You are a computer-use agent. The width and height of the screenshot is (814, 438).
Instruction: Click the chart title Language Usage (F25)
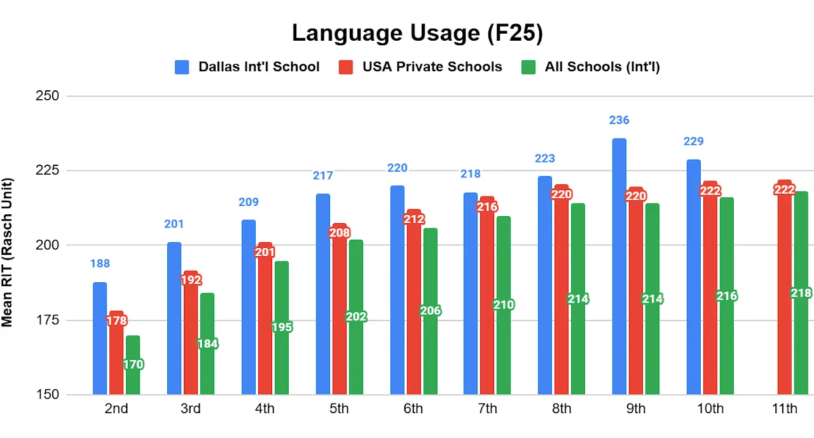pyautogui.click(x=417, y=34)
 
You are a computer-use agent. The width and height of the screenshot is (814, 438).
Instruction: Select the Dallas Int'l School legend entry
pyautogui.click(x=247, y=67)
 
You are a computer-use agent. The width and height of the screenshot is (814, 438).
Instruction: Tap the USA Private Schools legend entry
pyautogui.click(x=420, y=67)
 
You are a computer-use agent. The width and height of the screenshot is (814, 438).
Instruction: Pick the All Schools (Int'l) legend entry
pyautogui.click(x=591, y=67)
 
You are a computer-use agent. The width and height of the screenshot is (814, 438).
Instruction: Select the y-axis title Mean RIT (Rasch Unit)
pyautogui.click(x=8, y=251)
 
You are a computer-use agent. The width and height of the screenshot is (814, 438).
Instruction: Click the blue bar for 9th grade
pyautogui.click(x=619, y=267)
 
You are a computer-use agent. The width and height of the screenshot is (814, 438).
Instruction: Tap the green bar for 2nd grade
pyautogui.click(x=132, y=381)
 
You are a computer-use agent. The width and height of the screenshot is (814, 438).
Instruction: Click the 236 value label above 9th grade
pyautogui.click(x=619, y=120)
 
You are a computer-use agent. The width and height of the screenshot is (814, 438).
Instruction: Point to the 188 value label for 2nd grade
pyautogui.click(x=100, y=264)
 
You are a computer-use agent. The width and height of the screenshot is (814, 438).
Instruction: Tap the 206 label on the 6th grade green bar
pyautogui.click(x=431, y=311)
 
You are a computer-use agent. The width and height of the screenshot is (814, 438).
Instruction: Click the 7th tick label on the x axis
pyautogui.click(x=487, y=409)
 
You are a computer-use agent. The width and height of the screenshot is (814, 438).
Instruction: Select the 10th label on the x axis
pyautogui.click(x=710, y=409)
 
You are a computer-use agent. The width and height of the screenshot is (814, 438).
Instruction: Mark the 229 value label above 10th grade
pyautogui.click(x=694, y=141)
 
